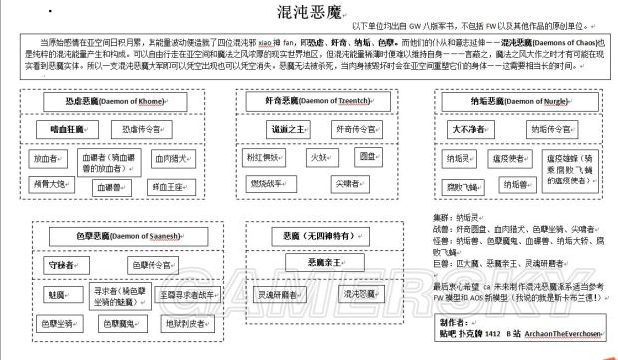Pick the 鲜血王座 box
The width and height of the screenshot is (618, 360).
pos(171,185)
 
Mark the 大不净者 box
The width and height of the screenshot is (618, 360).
pos(470,128)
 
